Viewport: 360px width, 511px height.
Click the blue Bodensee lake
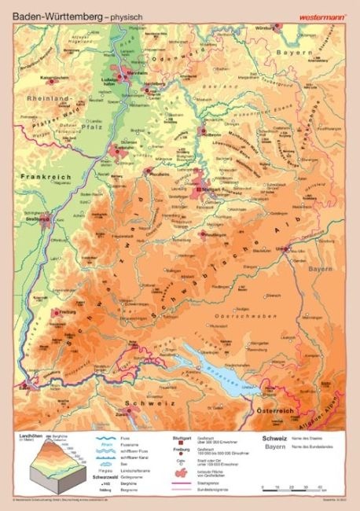click(x=207, y=362)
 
